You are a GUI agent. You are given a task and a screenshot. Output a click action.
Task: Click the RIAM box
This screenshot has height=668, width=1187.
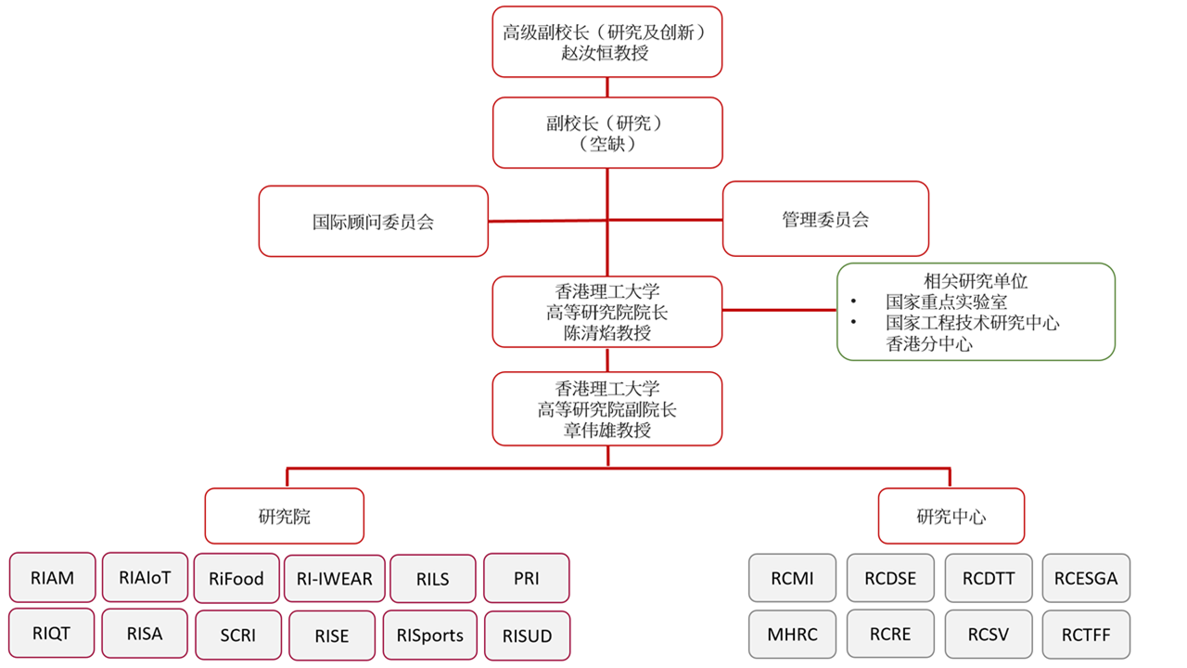pos(52,578)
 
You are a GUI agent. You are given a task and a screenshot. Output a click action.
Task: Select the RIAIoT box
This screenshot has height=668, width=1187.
pos(145,577)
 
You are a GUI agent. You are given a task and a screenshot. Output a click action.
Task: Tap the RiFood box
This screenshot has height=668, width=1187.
pos(236,579)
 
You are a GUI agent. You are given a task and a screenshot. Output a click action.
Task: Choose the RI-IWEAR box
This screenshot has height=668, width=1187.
pos(334,579)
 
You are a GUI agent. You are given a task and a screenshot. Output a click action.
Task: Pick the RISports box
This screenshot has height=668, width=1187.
pos(429,636)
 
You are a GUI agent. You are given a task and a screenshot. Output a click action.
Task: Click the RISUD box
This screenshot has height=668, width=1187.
pos(526,636)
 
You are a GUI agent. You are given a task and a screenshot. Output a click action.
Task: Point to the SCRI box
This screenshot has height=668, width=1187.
pos(237,636)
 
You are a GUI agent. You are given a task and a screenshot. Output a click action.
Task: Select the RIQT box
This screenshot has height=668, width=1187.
pos(51,634)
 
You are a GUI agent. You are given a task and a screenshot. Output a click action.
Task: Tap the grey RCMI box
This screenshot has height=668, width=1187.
pos(792,578)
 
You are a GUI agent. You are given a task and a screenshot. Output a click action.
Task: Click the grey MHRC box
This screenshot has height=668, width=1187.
pos(792,635)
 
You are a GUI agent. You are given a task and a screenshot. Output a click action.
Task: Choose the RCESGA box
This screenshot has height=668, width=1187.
pos(1086,578)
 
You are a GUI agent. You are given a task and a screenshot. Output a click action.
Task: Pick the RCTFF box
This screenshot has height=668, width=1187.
pos(1086,636)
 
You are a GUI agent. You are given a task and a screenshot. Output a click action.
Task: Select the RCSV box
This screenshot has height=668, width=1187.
pos(988,635)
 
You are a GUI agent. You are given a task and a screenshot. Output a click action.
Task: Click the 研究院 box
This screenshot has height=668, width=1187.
pos(284,516)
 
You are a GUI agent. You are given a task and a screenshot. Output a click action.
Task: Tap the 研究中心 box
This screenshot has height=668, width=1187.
pos(951,516)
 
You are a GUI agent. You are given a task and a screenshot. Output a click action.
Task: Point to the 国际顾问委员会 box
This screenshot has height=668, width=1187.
pos(373,222)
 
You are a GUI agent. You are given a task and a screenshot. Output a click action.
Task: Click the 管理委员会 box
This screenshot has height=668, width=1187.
pos(825,219)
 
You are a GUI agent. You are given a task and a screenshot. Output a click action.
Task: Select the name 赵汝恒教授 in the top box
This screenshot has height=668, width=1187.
pos(606,53)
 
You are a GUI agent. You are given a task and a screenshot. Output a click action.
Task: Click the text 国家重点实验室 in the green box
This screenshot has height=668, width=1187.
pos(946,302)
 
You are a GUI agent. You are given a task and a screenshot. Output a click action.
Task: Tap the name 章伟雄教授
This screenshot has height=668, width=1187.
pos(606,430)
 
